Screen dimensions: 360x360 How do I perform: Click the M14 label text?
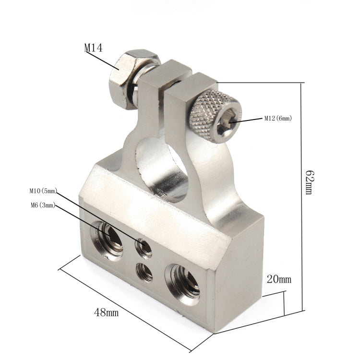(94, 48)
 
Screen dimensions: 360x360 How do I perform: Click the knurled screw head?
(214, 115)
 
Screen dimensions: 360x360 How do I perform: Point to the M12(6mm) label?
(277, 118)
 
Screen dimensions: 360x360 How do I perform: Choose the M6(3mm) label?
(42, 205)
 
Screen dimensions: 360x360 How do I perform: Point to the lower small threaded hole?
(144, 272)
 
